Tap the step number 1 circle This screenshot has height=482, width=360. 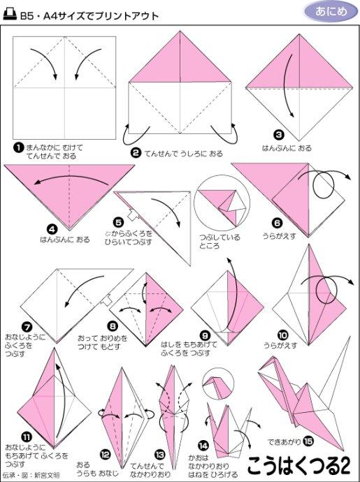19,147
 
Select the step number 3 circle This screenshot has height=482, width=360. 279,136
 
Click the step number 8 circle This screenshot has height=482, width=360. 112,325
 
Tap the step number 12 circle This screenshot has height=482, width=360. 105,453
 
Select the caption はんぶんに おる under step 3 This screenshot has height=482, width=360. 287,148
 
